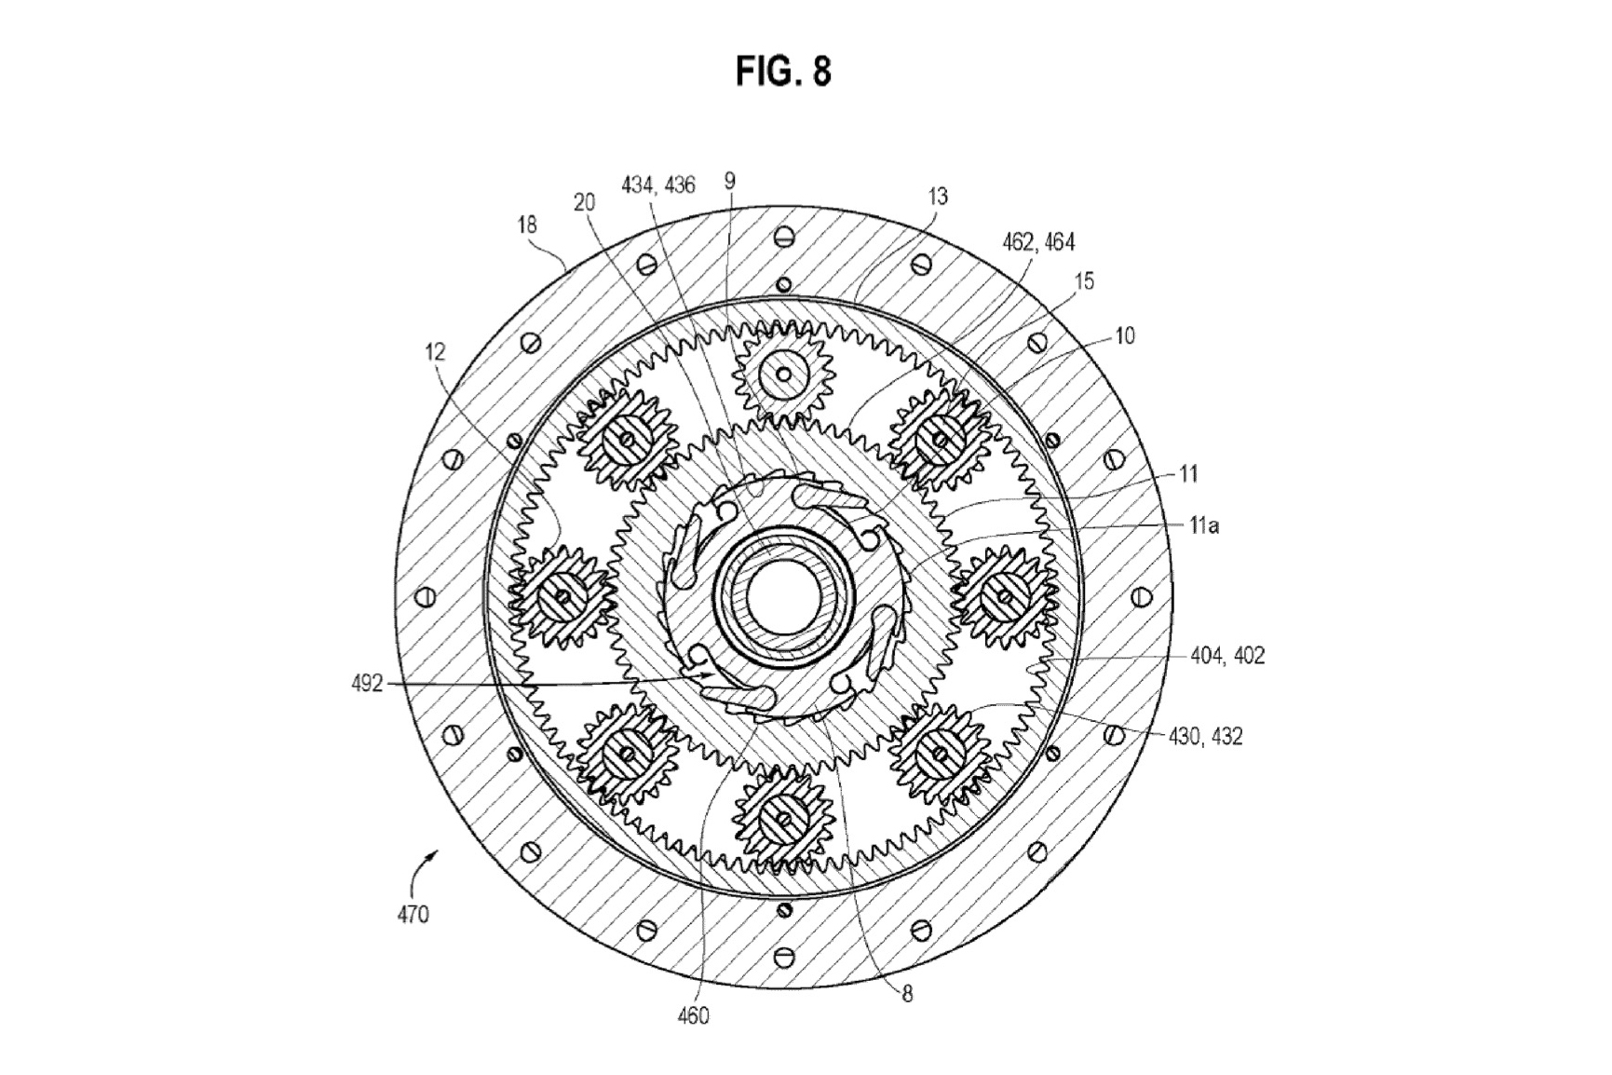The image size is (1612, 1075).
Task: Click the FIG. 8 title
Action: click(782, 71)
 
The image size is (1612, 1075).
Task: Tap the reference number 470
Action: click(413, 914)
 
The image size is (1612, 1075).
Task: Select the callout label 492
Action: click(367, 684)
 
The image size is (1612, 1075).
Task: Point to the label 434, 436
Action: click(658, 185)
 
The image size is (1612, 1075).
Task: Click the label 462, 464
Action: click(1038, 242)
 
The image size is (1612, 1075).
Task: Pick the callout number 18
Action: click(527, 225)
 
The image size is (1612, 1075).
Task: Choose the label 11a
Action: click(1204, 525)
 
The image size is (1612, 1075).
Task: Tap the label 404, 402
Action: click(1227, 656)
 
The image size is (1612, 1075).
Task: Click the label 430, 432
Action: click(1205, 737)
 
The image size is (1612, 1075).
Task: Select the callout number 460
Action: click(693, 1015)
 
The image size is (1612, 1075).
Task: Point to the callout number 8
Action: click(907, 994)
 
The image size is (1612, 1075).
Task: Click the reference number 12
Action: click(435, 352)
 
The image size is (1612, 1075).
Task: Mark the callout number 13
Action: click(938, 197)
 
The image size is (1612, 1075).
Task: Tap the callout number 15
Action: click(1084, 281)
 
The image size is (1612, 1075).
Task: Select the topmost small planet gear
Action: click(783, 374)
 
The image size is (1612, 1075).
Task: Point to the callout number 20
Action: click(585, 203)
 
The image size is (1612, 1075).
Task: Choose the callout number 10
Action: click(1125, 336)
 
